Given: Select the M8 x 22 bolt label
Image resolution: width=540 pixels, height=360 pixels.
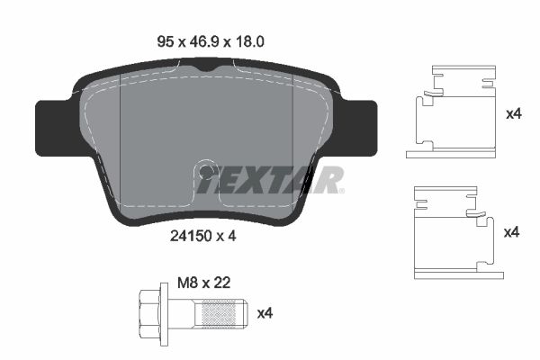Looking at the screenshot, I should click(x=202, y=282).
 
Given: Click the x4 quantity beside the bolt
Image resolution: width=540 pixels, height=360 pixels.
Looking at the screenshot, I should click(x=265, y=313).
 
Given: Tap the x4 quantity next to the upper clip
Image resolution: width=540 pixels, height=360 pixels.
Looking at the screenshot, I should click(x=513, y=114).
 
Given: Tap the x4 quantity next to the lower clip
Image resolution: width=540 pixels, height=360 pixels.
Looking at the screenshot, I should click(x=511, y=232).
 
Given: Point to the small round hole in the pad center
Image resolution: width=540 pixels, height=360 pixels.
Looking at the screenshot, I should click(x=207, y=171).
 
